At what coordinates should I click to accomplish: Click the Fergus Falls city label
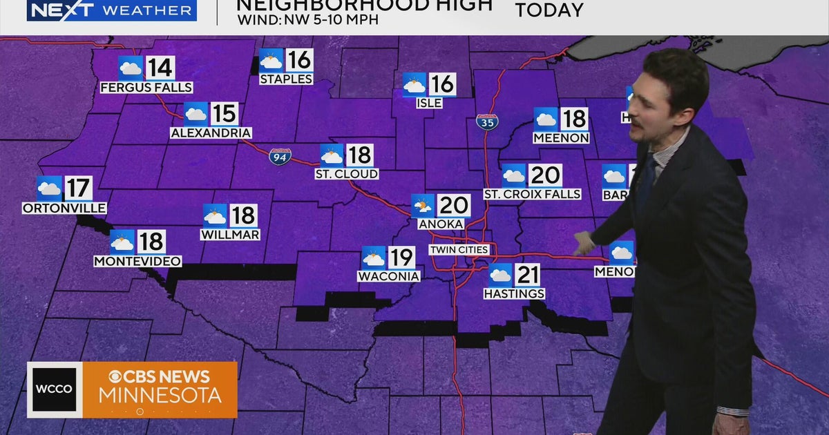tap(146, 88)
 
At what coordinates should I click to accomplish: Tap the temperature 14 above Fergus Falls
tap(160, 68)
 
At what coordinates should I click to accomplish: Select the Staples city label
tap(286, 79)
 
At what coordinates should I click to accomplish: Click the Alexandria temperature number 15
tap(224, 114)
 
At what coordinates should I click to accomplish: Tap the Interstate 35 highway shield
tap(486, 122)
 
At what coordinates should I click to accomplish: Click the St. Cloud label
tap(346, 174)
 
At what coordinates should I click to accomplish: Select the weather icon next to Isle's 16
tap(414, 85)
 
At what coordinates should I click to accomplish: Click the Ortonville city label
tap(64, 208)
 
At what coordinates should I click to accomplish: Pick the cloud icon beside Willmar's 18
tap(215, 215)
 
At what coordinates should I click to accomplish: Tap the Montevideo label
tap(137, 261)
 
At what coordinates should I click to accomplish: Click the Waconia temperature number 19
tap(401, 258)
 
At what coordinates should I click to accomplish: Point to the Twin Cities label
tap(459, 249)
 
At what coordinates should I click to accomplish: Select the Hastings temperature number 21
tap(527, 275)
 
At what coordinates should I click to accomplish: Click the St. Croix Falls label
tap(532, 195)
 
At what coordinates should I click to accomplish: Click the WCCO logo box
tap(55, 389)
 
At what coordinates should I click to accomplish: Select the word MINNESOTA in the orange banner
tap(160, 396)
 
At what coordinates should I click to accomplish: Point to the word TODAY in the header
tap(549, 10)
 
